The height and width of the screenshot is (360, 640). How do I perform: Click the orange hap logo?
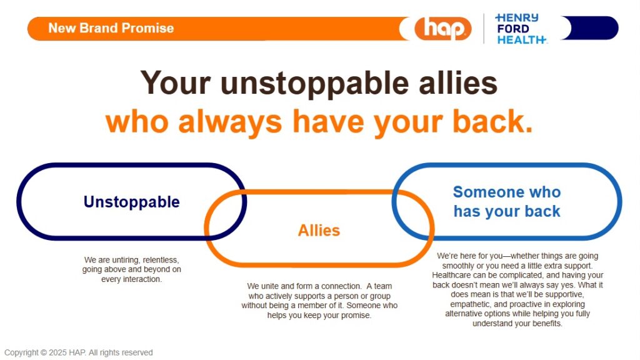click(443, 29)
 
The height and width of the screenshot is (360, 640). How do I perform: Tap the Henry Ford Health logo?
click(521, 29)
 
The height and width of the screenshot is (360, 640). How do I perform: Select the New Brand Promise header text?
click(111, 28)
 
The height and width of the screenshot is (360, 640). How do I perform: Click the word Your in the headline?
click(176, 82)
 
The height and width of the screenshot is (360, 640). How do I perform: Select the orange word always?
click(230, 122)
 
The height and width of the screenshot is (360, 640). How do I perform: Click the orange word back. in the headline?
click(492, 121)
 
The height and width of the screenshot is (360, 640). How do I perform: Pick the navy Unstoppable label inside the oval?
click(131, 202)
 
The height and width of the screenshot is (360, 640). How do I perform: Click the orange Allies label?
click(319, 231)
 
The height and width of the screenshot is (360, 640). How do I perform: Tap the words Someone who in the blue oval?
click(507, 192)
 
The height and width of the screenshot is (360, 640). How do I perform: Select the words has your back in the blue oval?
click(507, 211)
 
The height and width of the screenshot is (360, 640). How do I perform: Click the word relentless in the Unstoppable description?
click(161, 260)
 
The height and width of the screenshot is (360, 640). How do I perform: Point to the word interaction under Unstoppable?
click(142, 279)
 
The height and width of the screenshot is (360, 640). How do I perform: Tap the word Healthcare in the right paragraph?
click(451, 275)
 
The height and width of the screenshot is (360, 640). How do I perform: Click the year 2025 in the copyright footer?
click(57, 352)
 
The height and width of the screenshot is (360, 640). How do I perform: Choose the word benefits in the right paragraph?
click(547, 324)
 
